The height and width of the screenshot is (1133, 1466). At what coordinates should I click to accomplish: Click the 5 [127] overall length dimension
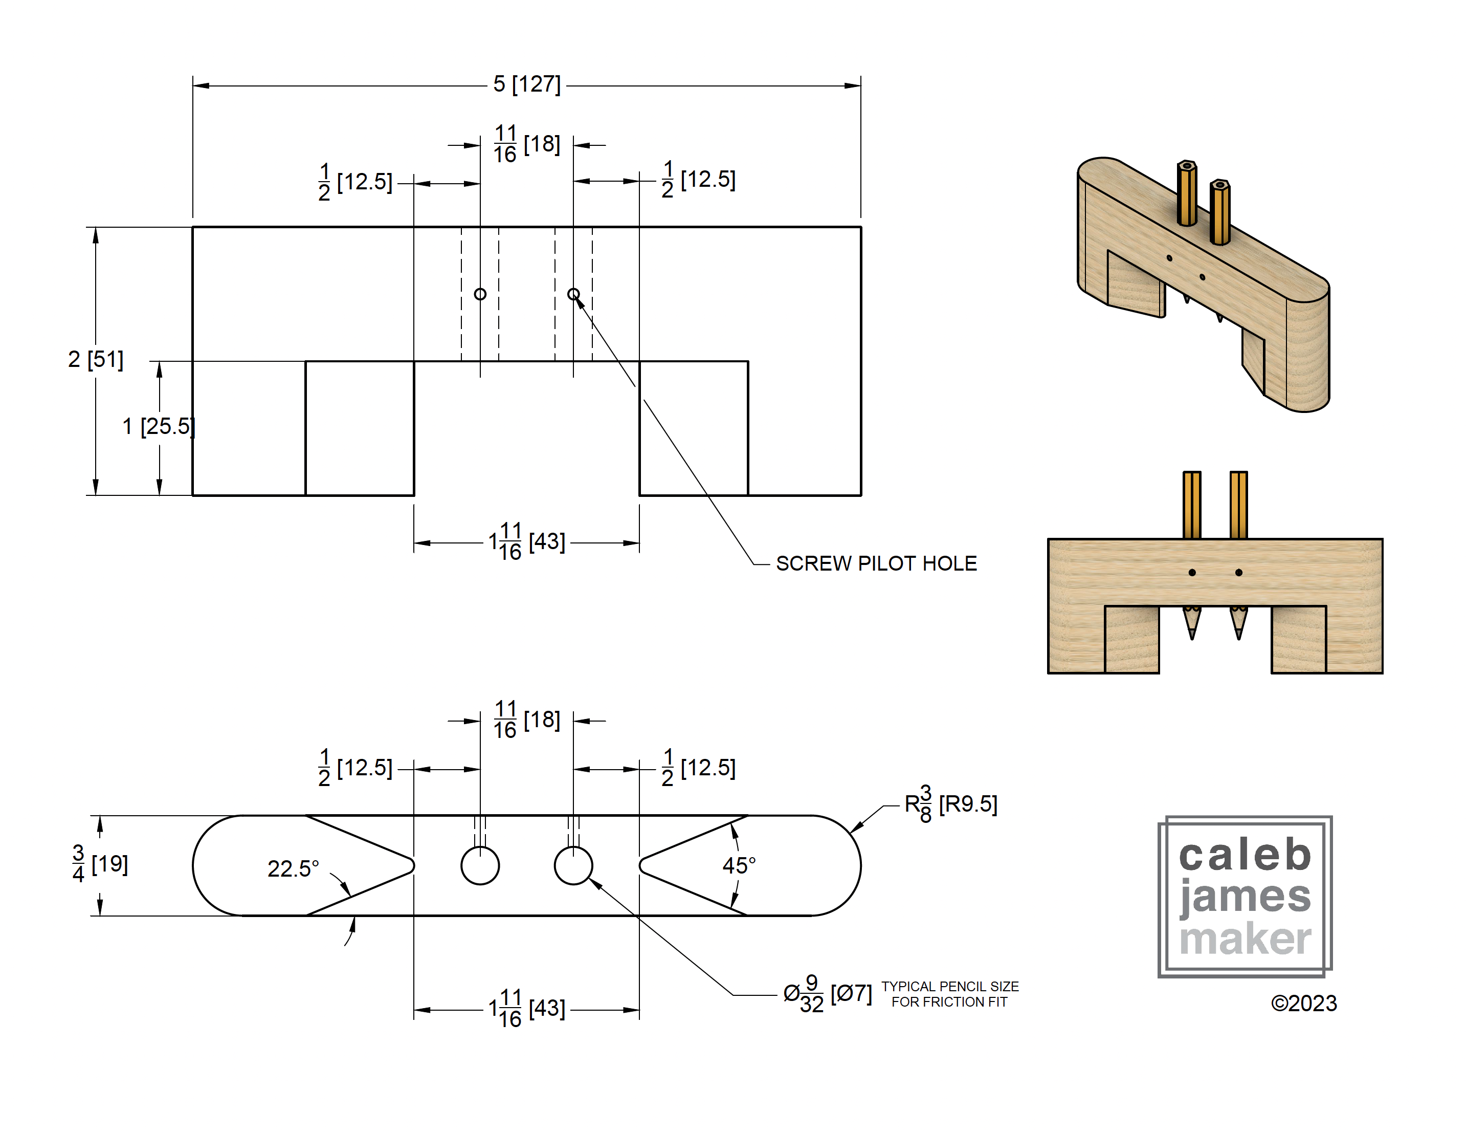point(526,84)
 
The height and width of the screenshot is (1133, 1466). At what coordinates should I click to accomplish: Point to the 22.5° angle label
point(293,868)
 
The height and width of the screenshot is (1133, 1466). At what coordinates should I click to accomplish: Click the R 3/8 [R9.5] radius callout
point(950,804)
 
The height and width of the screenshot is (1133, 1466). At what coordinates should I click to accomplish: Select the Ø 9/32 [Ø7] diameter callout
point(827,993)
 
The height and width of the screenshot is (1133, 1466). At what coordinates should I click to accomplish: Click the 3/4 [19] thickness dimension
point(99,864)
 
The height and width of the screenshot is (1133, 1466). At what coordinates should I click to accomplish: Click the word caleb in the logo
point(1245,856)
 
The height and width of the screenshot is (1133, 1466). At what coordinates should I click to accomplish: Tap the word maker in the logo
point(1245,939)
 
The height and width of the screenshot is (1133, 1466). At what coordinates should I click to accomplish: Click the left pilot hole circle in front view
point(480,294)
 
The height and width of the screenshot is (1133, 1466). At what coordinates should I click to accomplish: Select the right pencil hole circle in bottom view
point(573,866)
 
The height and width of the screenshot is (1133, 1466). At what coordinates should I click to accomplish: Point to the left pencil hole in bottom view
point(480,866)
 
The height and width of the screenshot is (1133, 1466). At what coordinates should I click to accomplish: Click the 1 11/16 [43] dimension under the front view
point(526,541)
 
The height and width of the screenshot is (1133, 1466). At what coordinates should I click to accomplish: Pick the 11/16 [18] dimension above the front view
point(526,144)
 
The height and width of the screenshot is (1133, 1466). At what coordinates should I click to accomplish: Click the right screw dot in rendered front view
point(1238,573)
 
